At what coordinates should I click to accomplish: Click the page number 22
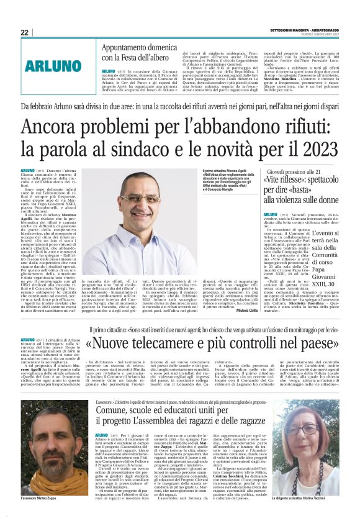tap(25, 32)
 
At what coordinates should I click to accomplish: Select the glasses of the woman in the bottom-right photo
tap(310, 430)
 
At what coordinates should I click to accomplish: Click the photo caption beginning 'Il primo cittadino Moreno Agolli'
tap(228, 181)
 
